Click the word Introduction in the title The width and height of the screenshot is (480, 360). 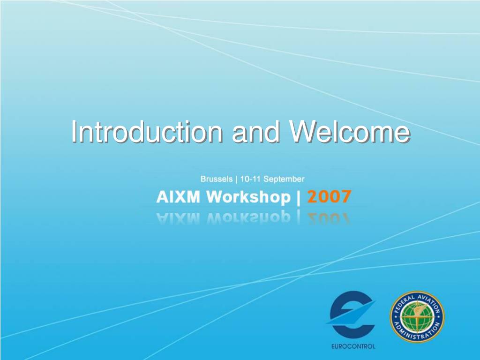tap(147, 132)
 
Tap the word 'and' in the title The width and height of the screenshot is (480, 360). tap(256, 132)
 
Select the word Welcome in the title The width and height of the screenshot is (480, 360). tap(350, 132)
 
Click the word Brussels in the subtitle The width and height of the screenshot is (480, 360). tap(217, 179)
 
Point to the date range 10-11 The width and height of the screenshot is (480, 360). tap(250, 179)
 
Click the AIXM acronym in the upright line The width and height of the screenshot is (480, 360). tap(178, 196)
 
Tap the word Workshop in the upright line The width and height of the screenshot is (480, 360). tap(248, 197)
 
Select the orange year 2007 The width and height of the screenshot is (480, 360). tap(329, 196)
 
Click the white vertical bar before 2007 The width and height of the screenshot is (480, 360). tap(299, 197)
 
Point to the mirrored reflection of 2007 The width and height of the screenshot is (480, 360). tap(329, 218)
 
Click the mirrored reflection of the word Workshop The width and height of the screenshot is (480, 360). tap(248, 217)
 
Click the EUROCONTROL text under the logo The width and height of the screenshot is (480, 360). tap(353, 346)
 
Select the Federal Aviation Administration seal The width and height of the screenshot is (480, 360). tap(417, 317)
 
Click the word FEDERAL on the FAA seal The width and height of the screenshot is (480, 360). tap(404, 303)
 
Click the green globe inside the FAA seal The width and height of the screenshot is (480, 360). tap(417, 317)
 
